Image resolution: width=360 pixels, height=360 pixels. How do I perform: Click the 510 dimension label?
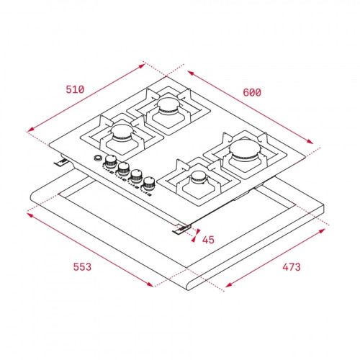pyautogui.click(x=75, y=89)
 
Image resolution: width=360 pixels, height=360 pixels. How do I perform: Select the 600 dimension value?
pyautogui.click(x=252, y=93)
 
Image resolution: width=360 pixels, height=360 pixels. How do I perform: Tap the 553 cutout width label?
pyautogui.click(x=82, y=267)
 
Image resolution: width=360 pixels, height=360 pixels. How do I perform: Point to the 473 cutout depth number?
pyautogui.click(x=292, y=267)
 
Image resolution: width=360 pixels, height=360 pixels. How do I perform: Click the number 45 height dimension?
pyautogui.click(x=208, y=240)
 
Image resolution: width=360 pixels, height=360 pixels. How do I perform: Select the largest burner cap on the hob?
pyautogui.click(x=244, y=149)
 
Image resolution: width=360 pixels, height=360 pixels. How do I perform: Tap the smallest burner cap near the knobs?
pyautogui.click(x=199, y=178)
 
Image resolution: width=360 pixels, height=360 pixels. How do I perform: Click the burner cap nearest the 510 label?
pyautogui.click(x=122, y=132)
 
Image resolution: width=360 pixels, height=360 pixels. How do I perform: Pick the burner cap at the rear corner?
pyautogui.click(x=168, y=106)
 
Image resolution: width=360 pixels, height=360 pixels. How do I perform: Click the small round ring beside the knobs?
pyautogui.click(x=98, y=158)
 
